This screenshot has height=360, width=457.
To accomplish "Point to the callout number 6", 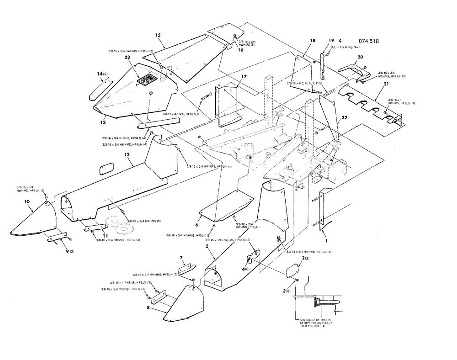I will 197,225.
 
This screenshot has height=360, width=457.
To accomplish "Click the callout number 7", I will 181,258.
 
